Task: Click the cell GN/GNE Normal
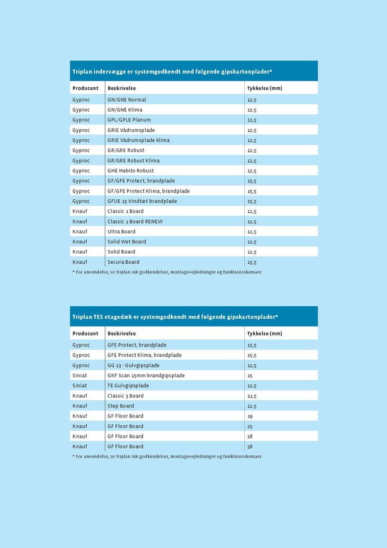tap(127, 100)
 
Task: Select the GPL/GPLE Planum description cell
tap(129, 120)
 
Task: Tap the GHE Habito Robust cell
tap(130, 171)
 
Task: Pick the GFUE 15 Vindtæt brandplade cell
tap(142, 202)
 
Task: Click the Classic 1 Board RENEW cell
tap(135, 221)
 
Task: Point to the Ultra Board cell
tap(121, 232)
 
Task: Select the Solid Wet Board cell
tap(127, 242)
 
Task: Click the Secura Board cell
tap(123, 262)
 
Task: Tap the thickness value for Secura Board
tap(252, 262)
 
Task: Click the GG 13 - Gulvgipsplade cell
tap(133, 366)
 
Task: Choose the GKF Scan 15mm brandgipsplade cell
tap(146, 376)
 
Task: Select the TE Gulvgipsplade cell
tap(128, 386)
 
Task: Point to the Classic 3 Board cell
tap(125, 396)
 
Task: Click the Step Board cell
tap(121, 406)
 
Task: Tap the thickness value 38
tap(250, 447)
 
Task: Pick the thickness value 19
tap(250, 416)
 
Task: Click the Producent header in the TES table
tap(85, 334)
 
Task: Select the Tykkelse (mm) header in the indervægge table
tap(264, 89)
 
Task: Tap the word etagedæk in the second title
tap(121, 317)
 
